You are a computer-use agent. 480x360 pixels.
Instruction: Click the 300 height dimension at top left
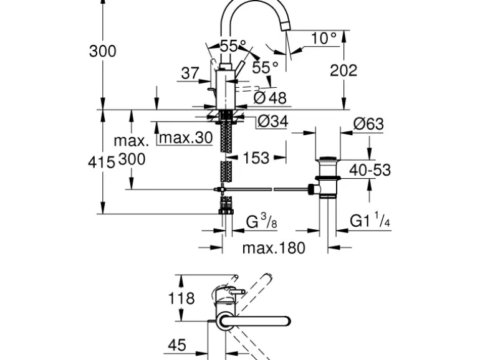102,51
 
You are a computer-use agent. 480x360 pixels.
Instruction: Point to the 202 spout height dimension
343,70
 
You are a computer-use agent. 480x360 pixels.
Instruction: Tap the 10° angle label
324,39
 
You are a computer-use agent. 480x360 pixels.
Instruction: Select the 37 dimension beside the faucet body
190,73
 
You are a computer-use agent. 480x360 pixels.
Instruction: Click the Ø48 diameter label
270,98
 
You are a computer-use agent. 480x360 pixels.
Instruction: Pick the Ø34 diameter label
273,122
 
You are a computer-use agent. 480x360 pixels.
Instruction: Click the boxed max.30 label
185,138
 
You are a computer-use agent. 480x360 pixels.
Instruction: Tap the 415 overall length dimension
102,163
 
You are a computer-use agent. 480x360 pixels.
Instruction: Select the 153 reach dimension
256,158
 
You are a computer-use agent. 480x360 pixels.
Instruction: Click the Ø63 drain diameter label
368,124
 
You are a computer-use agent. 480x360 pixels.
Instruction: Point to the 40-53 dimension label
370,169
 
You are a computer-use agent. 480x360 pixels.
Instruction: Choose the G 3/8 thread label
261,221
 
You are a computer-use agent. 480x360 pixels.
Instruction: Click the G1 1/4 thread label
370,221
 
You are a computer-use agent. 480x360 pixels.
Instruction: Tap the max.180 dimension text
274,248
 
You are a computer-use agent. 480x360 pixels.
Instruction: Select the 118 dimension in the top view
181,298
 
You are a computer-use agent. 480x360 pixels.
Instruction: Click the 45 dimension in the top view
177,344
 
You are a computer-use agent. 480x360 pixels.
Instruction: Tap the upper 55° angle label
233,46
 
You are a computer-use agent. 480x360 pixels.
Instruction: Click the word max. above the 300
131,140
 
